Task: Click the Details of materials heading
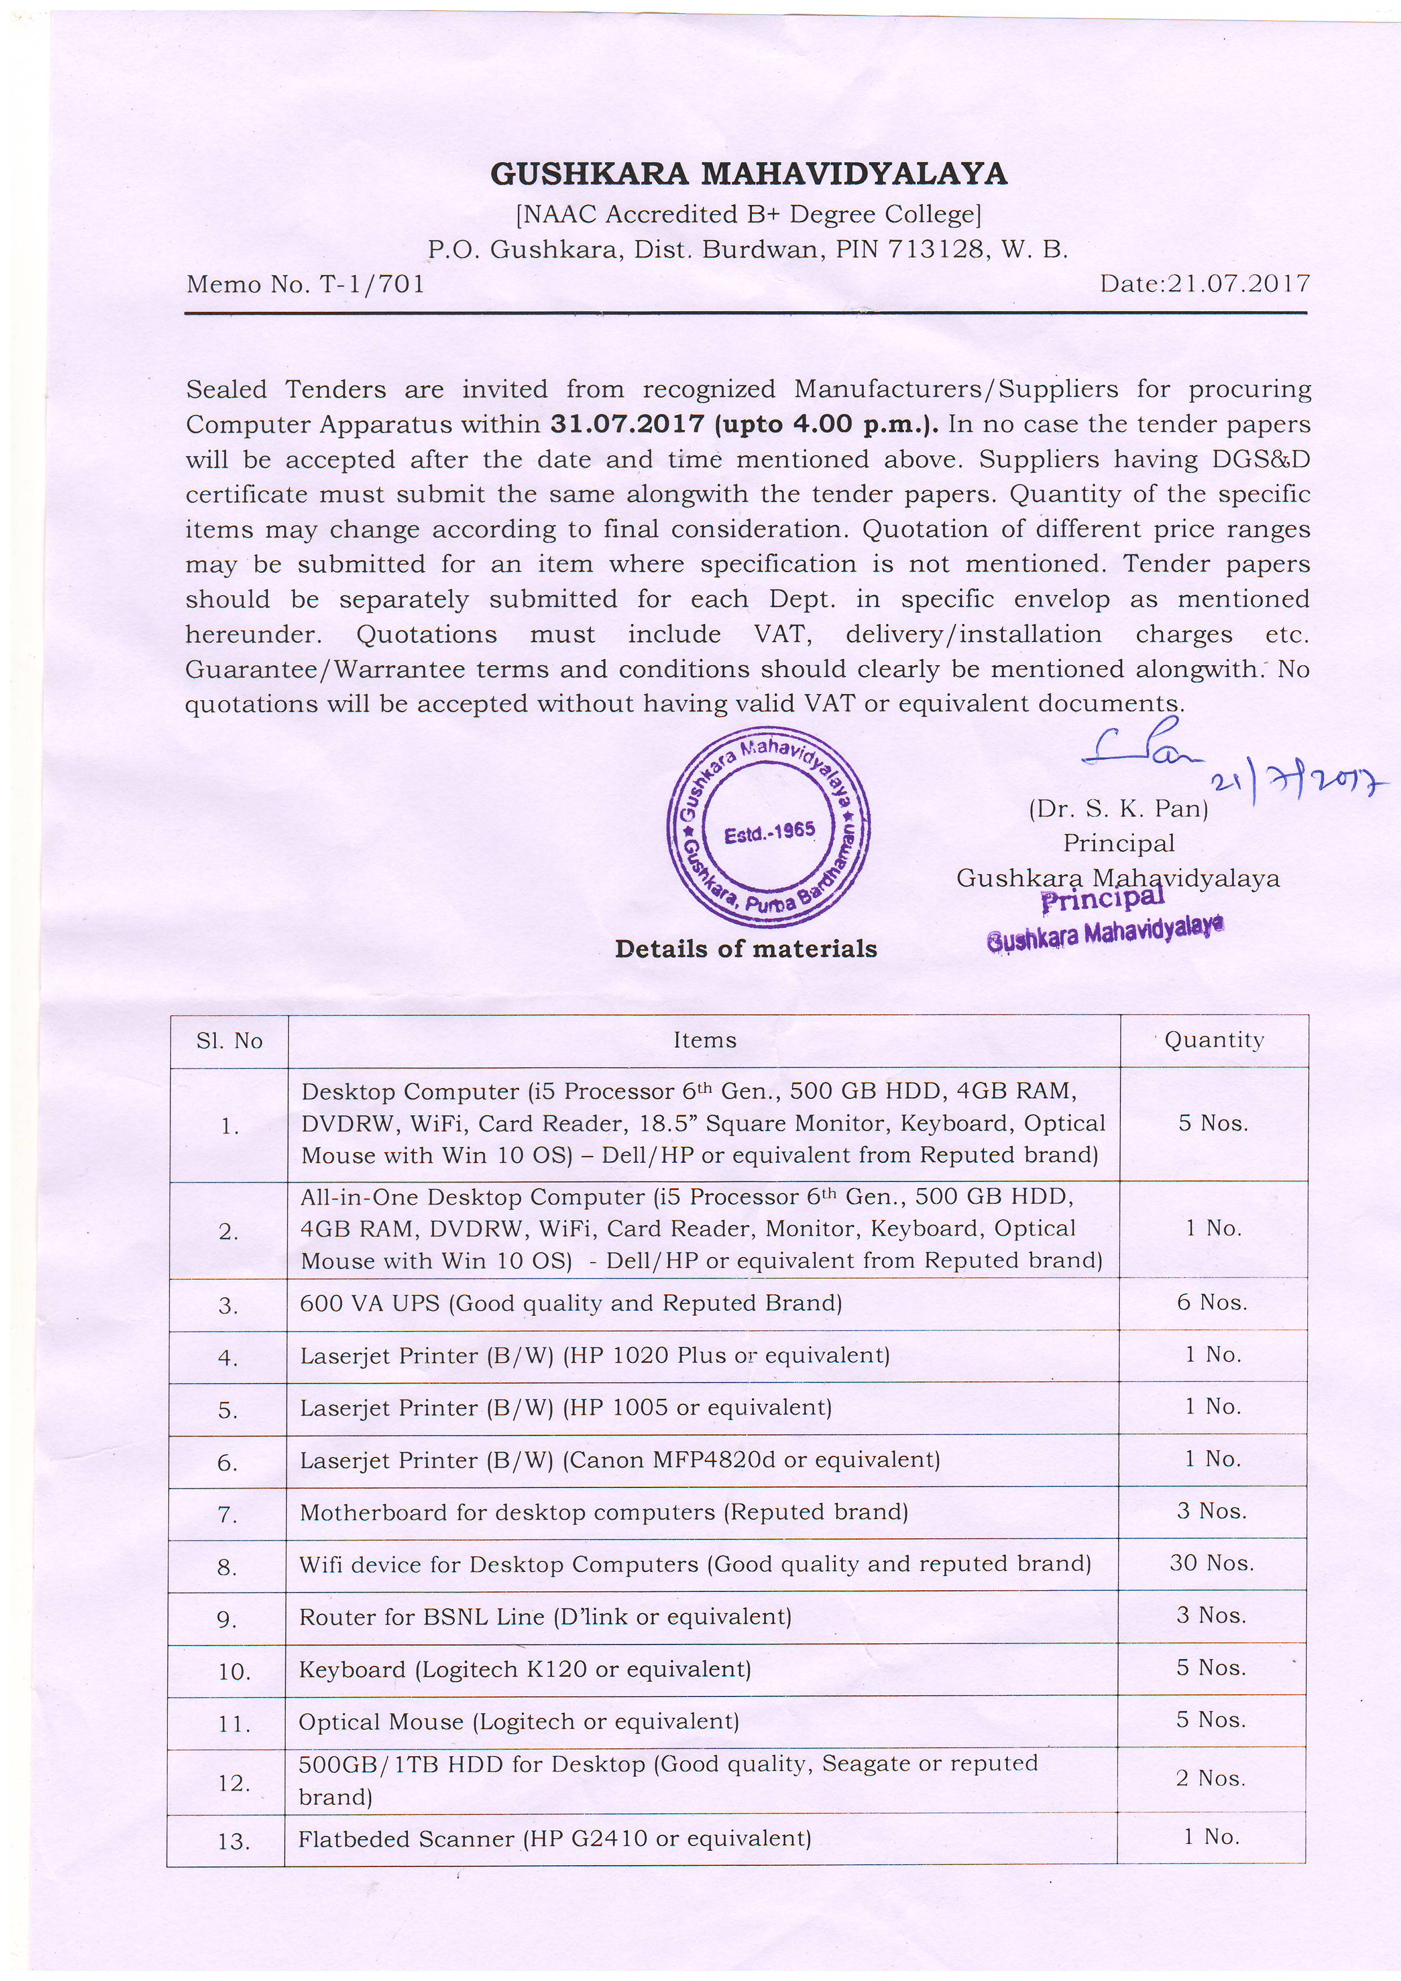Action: [x=746, y=949]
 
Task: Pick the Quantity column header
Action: [x=1213, y=1041]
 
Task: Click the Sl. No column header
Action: [x=229, y=1041]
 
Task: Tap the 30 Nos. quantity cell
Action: [x=1212, y=1564]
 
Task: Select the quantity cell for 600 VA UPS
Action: [x=1212, y=1303]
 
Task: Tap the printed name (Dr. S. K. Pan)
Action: [x=1118, y=809]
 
